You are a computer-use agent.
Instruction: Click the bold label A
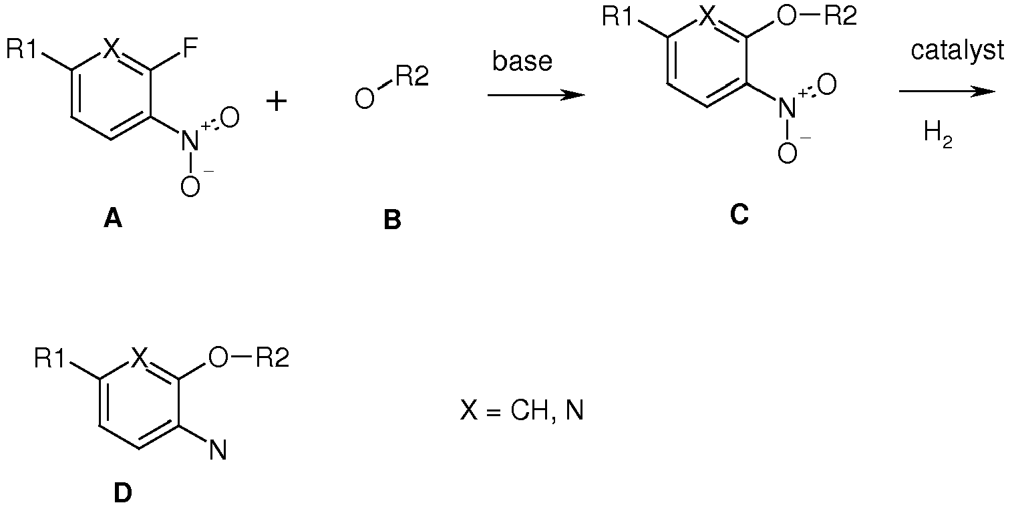click(x=113, y=220)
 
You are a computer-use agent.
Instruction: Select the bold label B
click(x=392, y=220)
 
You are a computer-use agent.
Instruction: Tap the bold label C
click(x=739, y=215)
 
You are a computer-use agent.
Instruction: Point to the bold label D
click(x=123, y=493)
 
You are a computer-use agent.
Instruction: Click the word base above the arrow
click(x=522, y=61)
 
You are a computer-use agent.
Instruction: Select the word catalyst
click(x=957, y=51)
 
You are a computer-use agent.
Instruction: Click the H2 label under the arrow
click(x=938, y=134)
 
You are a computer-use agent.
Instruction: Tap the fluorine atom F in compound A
click(x=191, y=49)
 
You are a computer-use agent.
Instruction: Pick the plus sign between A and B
click(x=277, y=101)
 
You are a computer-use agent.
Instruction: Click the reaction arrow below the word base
click(x=536, y=95)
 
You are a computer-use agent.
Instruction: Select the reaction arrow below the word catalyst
click(x=947, y=92)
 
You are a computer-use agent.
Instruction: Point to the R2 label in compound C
click(x=840, y=16)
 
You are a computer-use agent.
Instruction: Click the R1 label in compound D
click(x=49, y=359)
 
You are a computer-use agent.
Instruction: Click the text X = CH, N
click(x=522, y=411)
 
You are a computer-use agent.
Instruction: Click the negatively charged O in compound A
click(x=190, y=186)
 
